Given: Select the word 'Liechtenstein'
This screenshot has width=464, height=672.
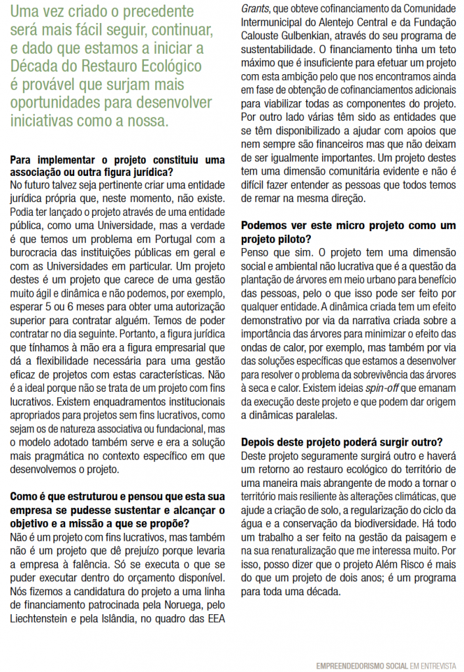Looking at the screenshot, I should (x=42, y=619).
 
